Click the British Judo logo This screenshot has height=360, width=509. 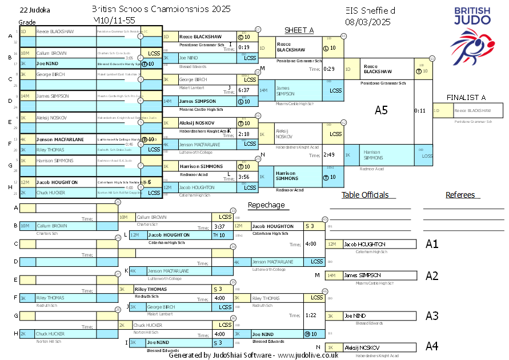[472, 35]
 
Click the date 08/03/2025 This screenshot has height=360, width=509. [368, 22]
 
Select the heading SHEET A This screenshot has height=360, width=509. [299, 30]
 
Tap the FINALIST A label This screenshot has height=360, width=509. [466, 98]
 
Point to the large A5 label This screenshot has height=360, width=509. [381, 110]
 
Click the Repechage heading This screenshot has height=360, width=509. [266, 205]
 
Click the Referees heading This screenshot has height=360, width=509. [460, 195]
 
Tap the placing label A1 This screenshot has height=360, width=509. [432, 244]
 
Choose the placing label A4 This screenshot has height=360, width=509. [432, 346]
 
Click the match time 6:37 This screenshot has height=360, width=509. [244, 90]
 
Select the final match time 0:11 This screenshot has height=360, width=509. [420, 111]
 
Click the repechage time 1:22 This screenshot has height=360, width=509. [311, 315]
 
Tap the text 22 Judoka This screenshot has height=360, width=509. [35, 10]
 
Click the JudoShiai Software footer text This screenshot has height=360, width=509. [253, 355]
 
